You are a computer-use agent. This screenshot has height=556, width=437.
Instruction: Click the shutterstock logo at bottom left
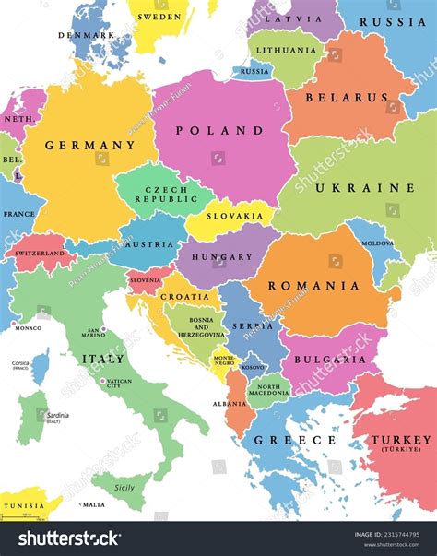coord(70,538)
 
